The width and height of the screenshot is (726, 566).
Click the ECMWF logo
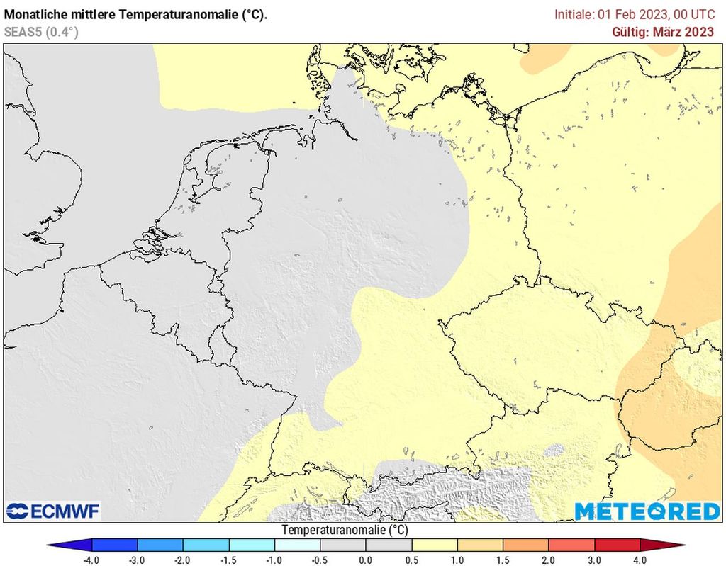(x=53, y=511)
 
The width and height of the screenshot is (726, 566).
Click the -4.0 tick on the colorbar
(x=91, y=559)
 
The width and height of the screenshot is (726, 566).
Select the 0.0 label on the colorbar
(x=366, y=559)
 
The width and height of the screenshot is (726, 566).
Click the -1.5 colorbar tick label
(x=229, y=559)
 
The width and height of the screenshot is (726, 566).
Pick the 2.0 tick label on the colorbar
(x=549, y=559)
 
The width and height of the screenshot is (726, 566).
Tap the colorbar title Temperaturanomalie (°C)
(x=345, y=530)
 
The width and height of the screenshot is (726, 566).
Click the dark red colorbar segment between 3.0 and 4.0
(x=618, y=545)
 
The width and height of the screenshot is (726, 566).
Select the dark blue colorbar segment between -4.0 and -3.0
(x=115, y=545)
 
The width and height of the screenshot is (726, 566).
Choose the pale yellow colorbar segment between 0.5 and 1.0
(x=435, y=545)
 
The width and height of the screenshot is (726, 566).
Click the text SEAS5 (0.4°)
(x=41, y=31)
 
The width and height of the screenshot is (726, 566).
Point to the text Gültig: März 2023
(x=663, y=31)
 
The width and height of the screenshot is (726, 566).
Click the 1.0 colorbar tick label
(x=457, y=559)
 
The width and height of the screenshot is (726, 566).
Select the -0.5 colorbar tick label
(x=320, y=559)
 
